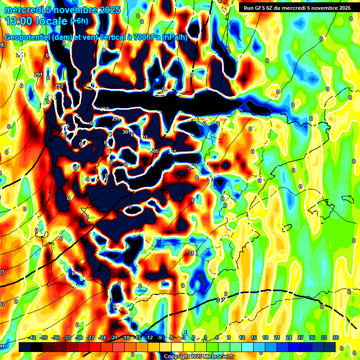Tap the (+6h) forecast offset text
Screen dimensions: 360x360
pyautogui.click(x=81, y=21)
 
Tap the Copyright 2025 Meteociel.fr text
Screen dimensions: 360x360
pyautogui.click(x=199, y=356)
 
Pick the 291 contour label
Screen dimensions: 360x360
pyautogui.click(x=38, y=75)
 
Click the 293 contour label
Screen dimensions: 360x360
pyautogui.click(x=59, y=86)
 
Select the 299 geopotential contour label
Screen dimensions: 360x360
pyautogui.click(x=116, y=119)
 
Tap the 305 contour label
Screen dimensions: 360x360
pyautogui.click(x=154, y=151)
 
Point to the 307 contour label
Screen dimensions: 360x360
pyautogui.click(x=172, y=152)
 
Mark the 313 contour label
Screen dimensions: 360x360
pyautogui.click(x=192, y=253)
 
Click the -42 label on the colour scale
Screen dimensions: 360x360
pyautogui.click(x=32, y=338)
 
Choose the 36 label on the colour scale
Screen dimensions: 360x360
pyautogui.click(x=336, y=338)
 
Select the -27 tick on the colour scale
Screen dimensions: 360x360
pyautogui.click(x=90, y=338)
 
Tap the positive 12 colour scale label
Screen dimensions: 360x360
pyautogui.click(x=242, y=338)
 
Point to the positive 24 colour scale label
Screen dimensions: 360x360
pyautogui.click(x=289, y=338)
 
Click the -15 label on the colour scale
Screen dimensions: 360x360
pyautogui.click(x=137, y=338)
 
